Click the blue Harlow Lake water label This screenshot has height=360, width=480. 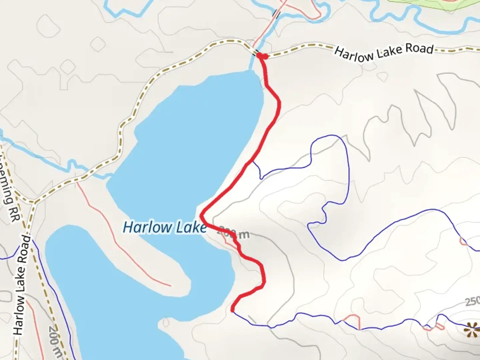tap(165, 227)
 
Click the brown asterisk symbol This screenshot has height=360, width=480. tap(472, 330)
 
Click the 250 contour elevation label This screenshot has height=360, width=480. tap(472, 302)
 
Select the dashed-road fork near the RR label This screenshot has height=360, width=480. tap(34, 202)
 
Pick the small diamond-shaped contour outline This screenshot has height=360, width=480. tap(98, 44)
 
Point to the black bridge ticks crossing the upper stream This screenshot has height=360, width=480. tap(276, 13)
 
